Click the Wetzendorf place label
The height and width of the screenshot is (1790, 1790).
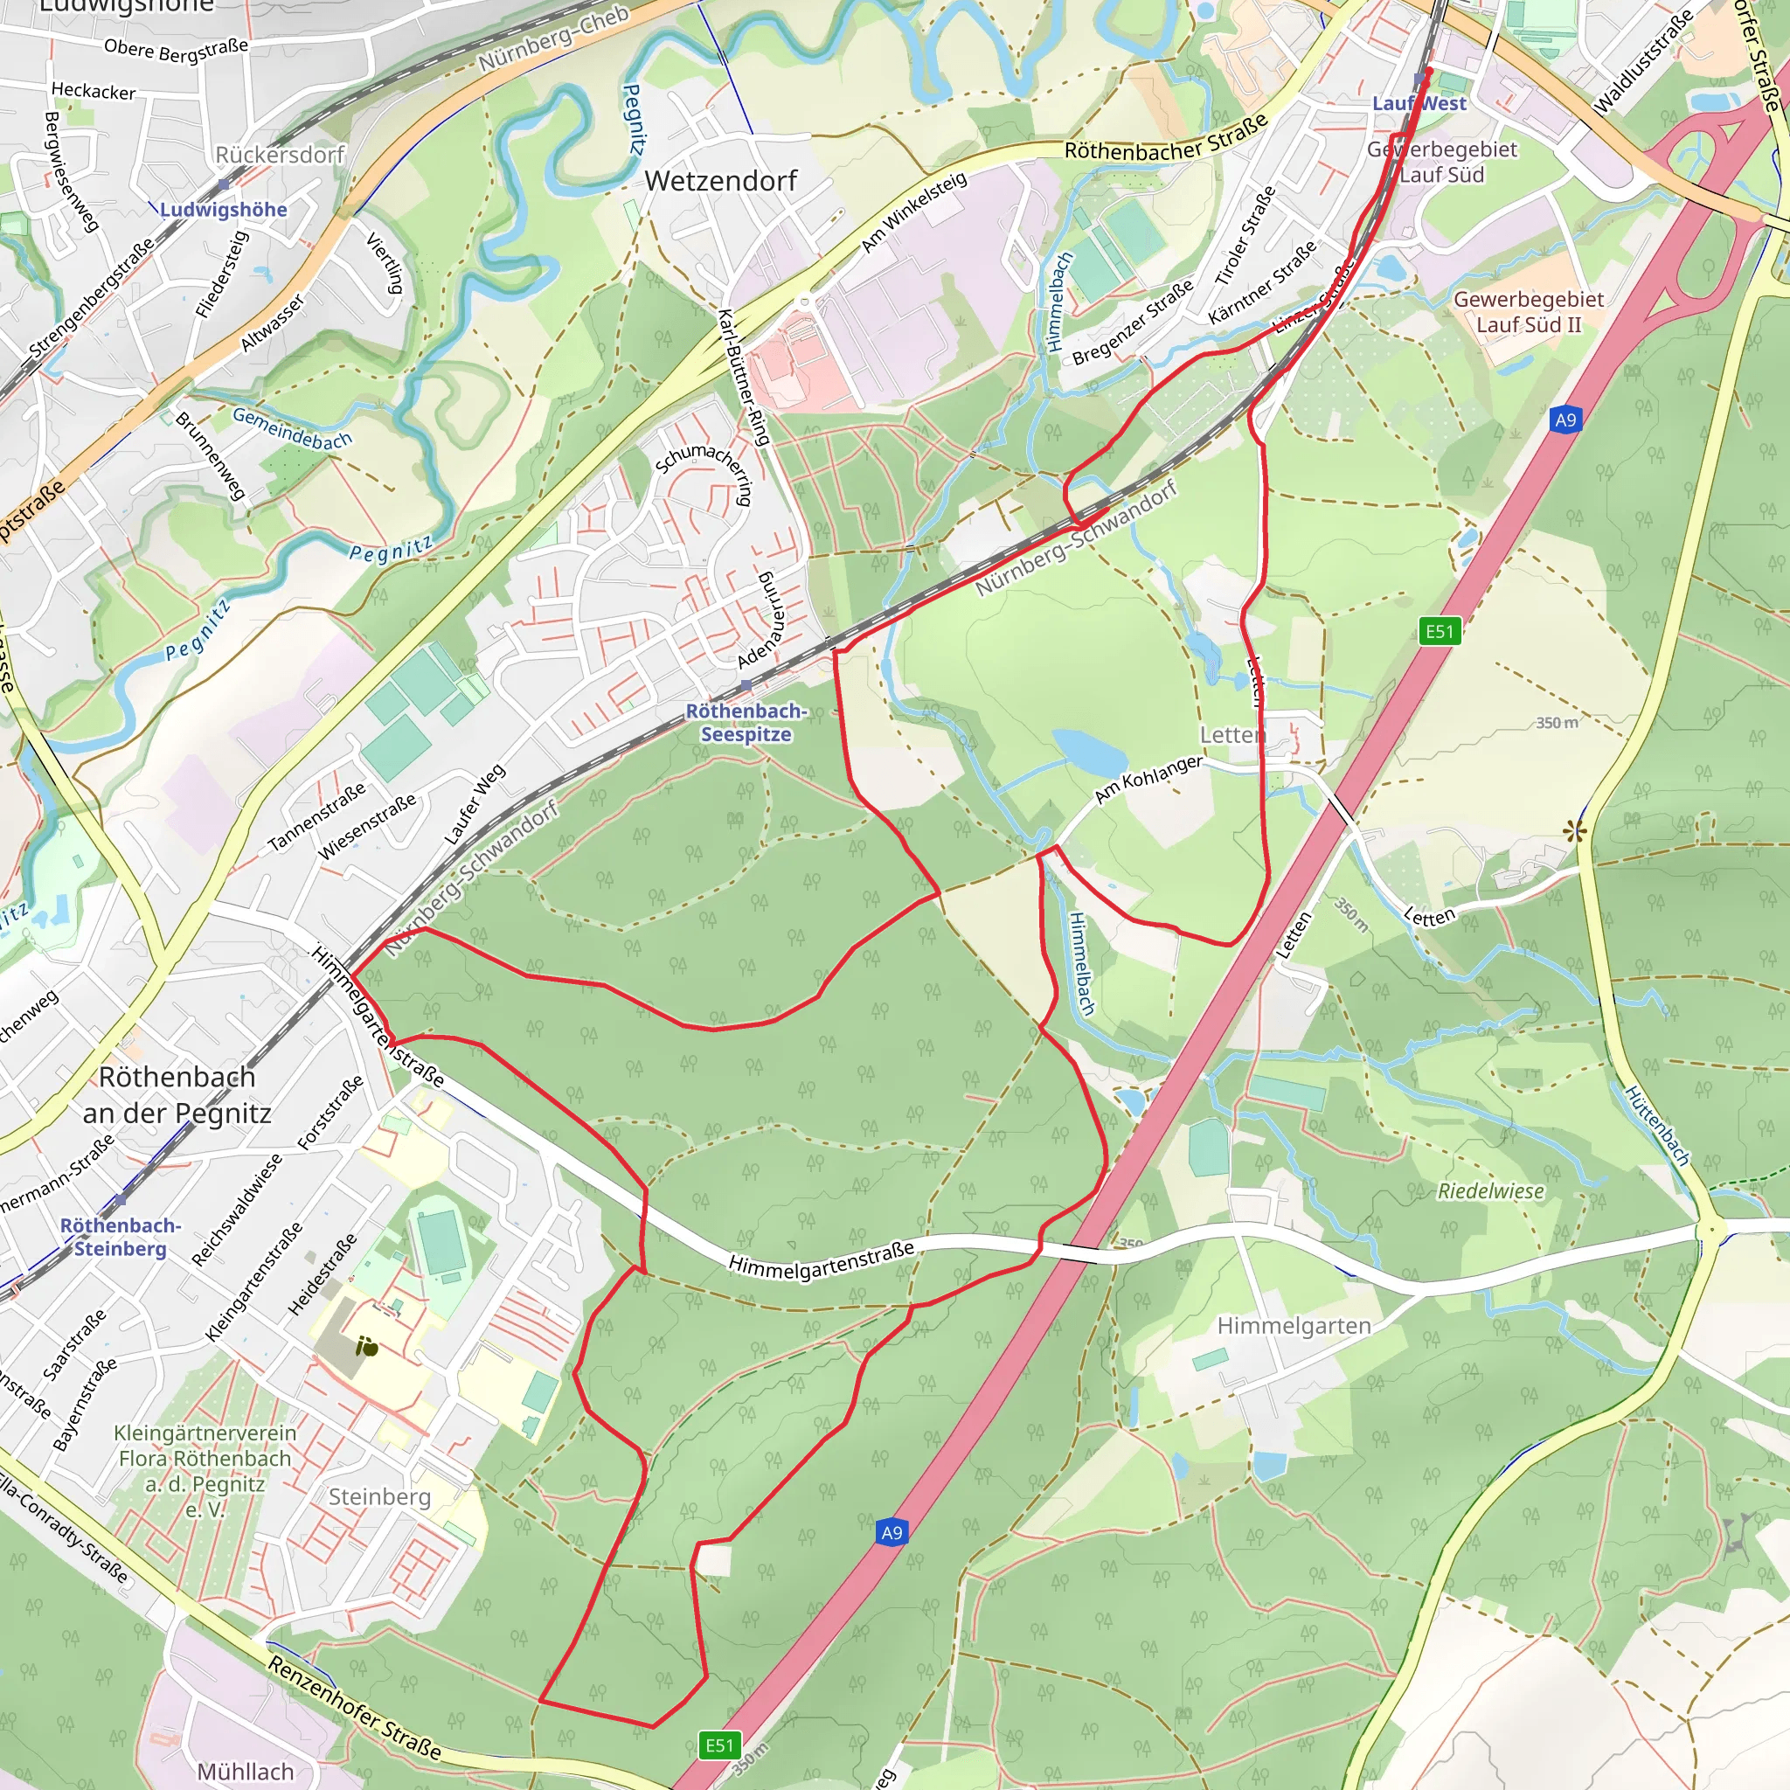pos(720,181)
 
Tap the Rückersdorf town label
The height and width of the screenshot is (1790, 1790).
pos(280,155)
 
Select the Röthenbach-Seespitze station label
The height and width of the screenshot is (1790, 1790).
pos(746,723)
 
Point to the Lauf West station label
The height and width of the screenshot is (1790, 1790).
pos(1419,104)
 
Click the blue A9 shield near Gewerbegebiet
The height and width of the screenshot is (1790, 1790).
pos(1565,420)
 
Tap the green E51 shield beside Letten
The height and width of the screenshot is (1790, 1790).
pos(1439,632)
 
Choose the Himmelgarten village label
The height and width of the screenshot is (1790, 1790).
pos(1294,1326)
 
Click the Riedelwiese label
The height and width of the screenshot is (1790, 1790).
pos(1491,1191)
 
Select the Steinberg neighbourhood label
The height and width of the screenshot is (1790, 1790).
pos(380,1497)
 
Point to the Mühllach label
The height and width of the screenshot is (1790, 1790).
pos(246,1772)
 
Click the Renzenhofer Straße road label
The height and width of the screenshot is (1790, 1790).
pos(354,1708)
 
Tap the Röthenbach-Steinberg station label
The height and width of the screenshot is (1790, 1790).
pos(121,1237)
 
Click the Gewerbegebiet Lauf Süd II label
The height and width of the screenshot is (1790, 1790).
pos(1528,312)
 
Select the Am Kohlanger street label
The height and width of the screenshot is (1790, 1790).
pos(1148,779)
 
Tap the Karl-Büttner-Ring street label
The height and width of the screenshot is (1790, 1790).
pos(744,377)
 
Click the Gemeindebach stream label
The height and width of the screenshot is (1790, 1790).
pos(292,428)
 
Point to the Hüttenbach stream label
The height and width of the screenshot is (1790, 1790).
pos(1657,1125)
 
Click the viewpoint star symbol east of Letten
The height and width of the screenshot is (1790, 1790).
pos(1573,831)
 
